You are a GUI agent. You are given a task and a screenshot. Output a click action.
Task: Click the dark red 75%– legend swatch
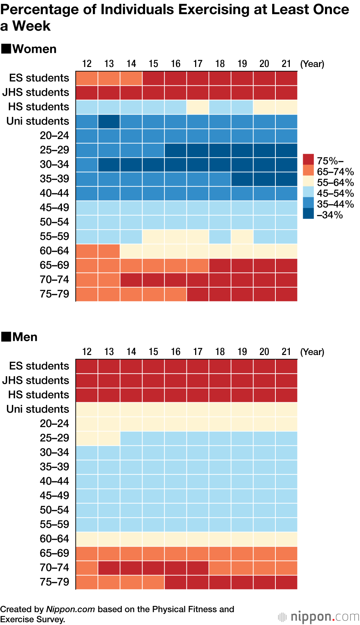click(x=308, y=159)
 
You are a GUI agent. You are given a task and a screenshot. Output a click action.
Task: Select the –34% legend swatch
click(x=308, y=213)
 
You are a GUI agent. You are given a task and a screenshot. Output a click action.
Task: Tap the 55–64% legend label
click(x=335, y=183)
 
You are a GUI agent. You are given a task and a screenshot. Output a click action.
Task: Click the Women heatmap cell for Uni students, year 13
click(x=109, y=122)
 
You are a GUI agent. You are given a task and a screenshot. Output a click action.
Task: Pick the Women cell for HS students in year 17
click(x=198, y=107)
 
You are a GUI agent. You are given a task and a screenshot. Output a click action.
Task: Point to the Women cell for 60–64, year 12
click(x=87, y=251)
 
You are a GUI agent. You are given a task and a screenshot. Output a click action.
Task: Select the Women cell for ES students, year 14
click(x=131, y=78)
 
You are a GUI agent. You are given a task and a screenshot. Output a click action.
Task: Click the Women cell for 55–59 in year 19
click(x=242, y=237)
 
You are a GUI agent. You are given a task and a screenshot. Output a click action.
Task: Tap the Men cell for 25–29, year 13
click(x=109, y=439)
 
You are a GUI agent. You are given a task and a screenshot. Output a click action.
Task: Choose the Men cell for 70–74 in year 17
click(x=198, y=568)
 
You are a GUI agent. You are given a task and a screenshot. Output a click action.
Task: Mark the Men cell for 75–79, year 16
click(x=175, y=583)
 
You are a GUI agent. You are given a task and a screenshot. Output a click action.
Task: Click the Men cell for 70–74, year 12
click(x=87, y=568)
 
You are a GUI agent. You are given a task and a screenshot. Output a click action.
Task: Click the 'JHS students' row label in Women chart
click(x=36, y=93)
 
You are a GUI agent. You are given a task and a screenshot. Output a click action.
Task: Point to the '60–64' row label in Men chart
click(x=54, y=539)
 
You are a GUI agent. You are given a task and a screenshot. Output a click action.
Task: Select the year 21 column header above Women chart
click(x=286, y=64)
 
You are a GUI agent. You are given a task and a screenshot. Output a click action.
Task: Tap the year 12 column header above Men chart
click(x=87, y=352)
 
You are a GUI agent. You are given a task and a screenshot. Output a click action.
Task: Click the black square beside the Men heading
click(x=6, y=337)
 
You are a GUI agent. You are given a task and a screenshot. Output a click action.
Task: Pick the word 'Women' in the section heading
click(x=34, y=49)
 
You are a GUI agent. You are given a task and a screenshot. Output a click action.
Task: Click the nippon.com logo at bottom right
click(x=319, y=617)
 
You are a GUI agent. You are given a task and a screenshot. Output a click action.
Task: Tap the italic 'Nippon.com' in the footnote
click(x=71, y=609)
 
